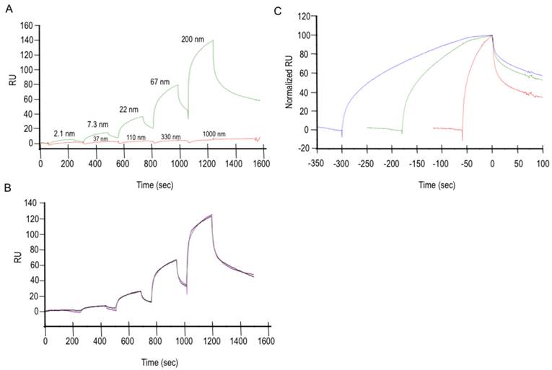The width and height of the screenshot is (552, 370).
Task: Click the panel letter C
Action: (x=278, y=11)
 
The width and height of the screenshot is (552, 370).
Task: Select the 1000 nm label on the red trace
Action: (x=233, y=134)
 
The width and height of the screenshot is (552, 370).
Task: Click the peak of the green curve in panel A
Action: (x=212, y=40)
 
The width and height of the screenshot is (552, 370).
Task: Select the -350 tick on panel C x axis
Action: (x=315, y=164)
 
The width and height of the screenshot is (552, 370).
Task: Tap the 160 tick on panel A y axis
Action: (x=25, y=26)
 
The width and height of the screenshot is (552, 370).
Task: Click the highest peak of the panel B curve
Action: (x=211, y=214)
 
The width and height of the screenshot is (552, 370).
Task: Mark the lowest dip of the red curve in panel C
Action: (x=462, y=141)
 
